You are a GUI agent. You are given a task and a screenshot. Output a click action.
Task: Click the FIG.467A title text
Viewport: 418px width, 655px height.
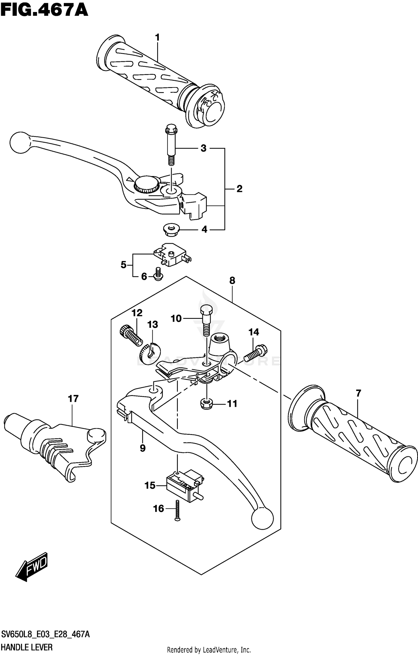pos(45,11)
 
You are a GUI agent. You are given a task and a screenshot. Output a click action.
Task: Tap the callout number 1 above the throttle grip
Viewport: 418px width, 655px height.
pos(157,37)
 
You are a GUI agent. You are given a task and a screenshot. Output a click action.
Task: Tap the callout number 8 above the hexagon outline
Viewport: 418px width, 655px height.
pos(232,280)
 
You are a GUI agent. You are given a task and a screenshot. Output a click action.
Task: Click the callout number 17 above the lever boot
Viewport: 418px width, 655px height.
pos(73,399)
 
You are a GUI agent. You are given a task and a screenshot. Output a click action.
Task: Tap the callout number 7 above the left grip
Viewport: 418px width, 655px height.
pos(358,393)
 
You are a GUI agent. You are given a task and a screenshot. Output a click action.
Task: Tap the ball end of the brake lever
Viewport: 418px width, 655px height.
pos(20,142)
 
